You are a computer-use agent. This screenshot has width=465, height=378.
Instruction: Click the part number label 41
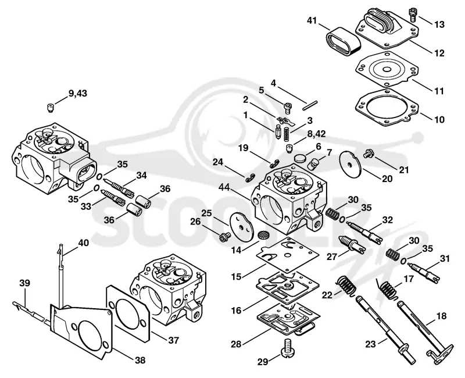[312, 21]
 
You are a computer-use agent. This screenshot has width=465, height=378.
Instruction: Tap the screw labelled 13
[413, 14]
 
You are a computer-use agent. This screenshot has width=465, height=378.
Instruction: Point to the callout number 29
[262, 362]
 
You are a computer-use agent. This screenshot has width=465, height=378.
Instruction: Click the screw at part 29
[287, 348]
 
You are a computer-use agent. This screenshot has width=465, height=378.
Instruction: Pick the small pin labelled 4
[310, 106]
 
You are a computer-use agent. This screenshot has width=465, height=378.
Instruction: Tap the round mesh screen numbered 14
[263, 236]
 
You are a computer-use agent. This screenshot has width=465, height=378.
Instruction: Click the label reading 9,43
[78, 93]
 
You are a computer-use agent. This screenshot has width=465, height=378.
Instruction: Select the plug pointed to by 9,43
[51, 108]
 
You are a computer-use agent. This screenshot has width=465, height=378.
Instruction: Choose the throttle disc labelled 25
[242, 226]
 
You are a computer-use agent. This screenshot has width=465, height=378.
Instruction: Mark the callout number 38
[140, 360]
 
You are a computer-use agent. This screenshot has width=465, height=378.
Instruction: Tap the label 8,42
[316, 134]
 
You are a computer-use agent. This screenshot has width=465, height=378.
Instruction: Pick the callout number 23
[370, 344]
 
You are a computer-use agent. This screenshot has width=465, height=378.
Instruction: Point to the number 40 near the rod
[83, 243]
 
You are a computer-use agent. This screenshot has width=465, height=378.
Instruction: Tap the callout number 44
[224, 187]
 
